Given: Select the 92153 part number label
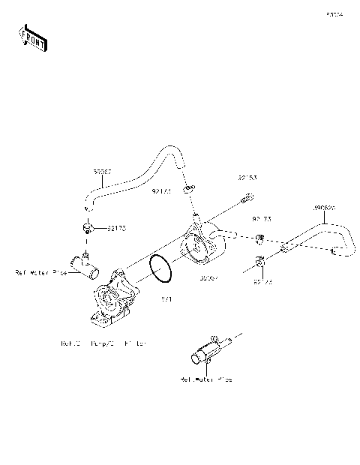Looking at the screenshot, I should (x=248, y=178).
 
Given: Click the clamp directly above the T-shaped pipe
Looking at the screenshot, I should (x=88, y=228).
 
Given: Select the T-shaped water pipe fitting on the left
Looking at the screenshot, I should (x=83, y=262).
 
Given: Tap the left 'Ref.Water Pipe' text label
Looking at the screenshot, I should (x=41, y=273).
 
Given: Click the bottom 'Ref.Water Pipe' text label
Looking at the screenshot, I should (x=205, y=379).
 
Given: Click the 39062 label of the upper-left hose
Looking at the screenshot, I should (x=102, y=172).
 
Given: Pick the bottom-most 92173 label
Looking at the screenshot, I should (x=262, y=283).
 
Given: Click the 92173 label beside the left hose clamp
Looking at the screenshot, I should (x=117, y=227).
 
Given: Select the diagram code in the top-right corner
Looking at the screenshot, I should (x=334, y=13).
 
